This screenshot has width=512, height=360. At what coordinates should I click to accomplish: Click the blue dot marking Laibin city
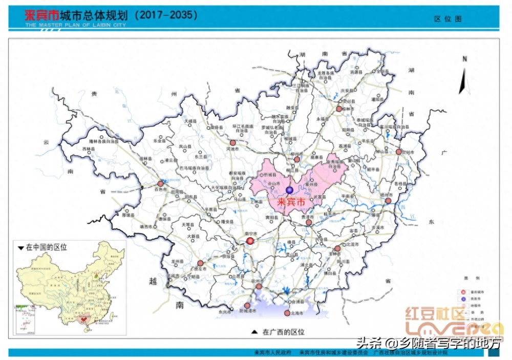pos(290,190)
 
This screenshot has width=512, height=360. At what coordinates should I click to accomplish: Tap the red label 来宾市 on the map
pos(290,202)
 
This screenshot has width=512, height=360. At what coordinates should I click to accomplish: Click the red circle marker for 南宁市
pos(250,241)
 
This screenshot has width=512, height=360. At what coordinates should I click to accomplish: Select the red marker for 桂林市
pos(339,109)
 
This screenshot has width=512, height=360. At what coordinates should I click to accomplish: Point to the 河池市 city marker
pos(233,143)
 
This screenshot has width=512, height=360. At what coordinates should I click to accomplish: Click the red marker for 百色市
pos(161,183)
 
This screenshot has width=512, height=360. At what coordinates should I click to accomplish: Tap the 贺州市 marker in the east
pos(399,152)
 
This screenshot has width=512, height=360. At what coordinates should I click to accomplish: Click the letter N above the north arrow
pos(464,59)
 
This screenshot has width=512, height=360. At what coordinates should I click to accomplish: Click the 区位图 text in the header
pos(448,18)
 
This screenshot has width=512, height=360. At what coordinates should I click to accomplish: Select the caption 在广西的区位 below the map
pos(283,332)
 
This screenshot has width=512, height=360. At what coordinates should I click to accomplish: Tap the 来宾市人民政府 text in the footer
pos(273,353)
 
